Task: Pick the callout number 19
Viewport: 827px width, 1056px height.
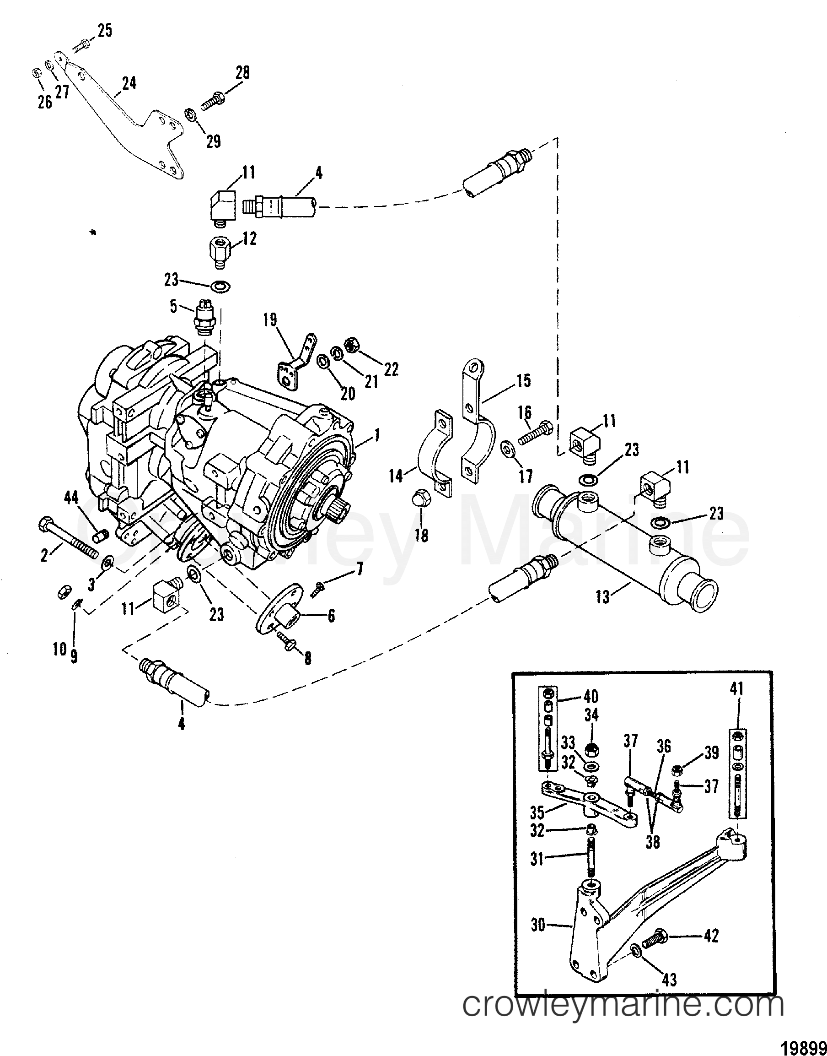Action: [x=270, y=320]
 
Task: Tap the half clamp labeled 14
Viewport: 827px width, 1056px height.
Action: [x=435, y=451]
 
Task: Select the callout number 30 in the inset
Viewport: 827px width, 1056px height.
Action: [x=537, y=925]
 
